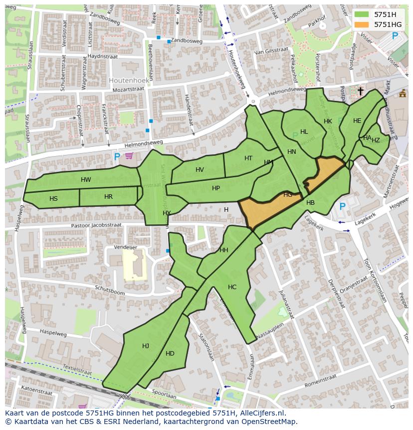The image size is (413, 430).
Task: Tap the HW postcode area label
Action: [x=86, y=180]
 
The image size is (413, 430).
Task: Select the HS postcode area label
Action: [x=53, y=199]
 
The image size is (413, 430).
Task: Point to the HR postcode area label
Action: [x=108, y=197]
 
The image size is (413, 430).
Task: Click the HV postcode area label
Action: [x=200, y=170]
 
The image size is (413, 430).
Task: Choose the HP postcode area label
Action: [x=215, y=188]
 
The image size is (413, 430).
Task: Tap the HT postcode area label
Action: [x=248, y=158]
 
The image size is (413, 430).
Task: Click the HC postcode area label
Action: [x=232, y=287]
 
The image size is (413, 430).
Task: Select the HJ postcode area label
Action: [x=145, y=346]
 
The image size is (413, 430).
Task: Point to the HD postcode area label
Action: [x=170, y=354]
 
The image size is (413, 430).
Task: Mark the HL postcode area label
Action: [x=304, y=132]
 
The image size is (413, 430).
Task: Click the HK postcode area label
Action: [x=328, y=121]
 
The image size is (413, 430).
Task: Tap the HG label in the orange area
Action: [x=288, y=195]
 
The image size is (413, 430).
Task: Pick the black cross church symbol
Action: [x=361, y=91]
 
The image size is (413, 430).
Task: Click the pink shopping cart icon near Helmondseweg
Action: [x=129, y=156]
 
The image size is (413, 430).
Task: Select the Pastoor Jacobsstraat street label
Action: [x=96, y=225]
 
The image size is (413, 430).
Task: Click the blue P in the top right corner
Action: [x=395, y=36]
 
